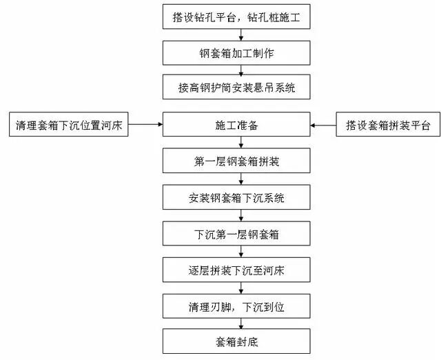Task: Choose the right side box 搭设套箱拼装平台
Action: (x=387, y=126)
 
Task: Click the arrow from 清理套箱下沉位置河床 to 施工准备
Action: (x=145, y=126)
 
